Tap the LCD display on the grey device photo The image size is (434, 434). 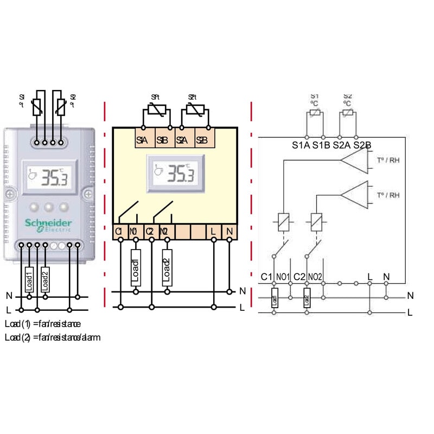pyautogui.click(x=48, y=177)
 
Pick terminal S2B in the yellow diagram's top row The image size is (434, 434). pyautogui.click(x=201, y=140)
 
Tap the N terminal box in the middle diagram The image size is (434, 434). pyautogui.click(x=229, y=232)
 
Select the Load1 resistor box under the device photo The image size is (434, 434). pyautogui.click(x=29, y=279)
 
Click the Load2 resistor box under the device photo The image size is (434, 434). pyautogui.click(x=45, y=279)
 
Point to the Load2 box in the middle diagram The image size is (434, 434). pyautogui.click(x=167, y=268)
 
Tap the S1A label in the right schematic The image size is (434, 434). pyautogui.click(x=301, y=145)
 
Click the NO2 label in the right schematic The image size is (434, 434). pyautogui.click(x=315, y=277)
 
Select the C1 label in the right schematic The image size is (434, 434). pyautogui.click(x=266, y=277)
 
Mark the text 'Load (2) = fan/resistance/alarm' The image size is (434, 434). pyautogui.click(x=53, y=337)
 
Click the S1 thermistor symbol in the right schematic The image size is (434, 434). pyautogui.click(x=315, y=114)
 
